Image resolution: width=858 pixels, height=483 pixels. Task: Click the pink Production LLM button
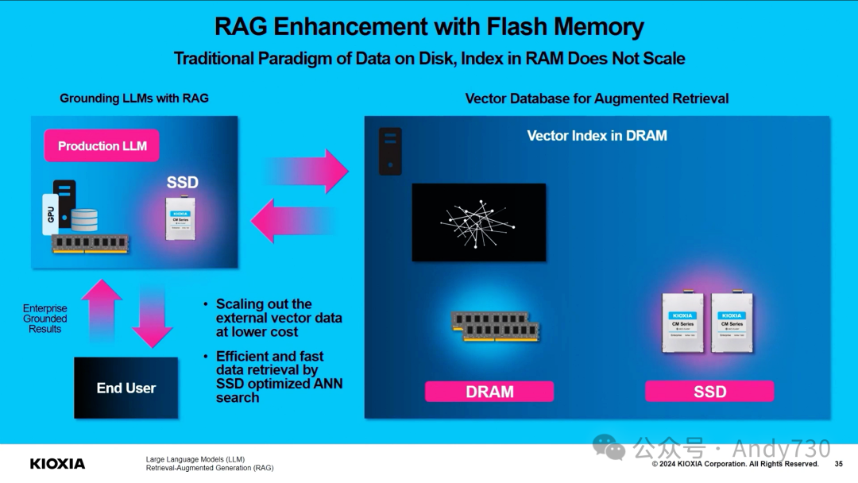tap(102, 146)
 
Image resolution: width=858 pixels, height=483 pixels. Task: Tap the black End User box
tap(126, 388)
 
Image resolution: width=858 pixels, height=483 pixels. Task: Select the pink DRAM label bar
tap(489, 392)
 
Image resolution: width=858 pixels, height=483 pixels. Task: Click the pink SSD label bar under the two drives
tap(709, 392)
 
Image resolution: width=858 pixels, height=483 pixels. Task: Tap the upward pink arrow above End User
tap(102, 311)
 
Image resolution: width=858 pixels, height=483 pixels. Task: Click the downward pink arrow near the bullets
tap(152, 316)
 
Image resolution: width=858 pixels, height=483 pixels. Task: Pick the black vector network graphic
tap(479, 222)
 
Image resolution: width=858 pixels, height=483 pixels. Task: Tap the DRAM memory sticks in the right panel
tap(496, 327)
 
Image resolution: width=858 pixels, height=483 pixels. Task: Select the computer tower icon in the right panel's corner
tap(390, 151)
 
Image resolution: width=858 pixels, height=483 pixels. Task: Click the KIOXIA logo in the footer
tap(57, 463)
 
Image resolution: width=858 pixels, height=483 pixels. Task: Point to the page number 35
tap(838, 464)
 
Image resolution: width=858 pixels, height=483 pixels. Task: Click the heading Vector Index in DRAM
tap(597, 136)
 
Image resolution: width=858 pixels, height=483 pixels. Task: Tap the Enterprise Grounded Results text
tap(45, 319)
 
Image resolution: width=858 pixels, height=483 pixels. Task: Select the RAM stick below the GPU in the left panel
tap(90, 244)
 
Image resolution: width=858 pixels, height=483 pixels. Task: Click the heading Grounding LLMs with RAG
tap(134, 99)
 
